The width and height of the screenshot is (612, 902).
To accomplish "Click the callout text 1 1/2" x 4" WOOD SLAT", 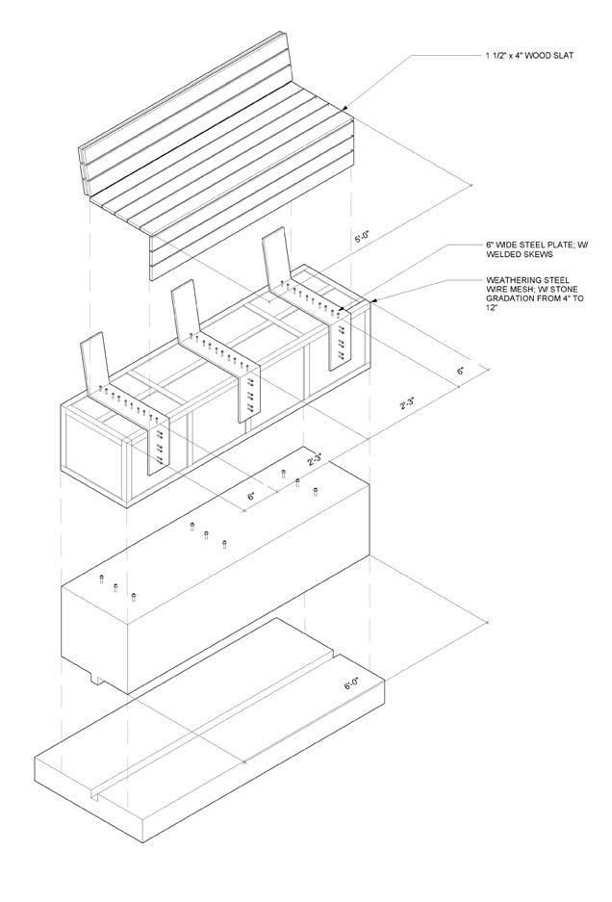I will pos(529,56).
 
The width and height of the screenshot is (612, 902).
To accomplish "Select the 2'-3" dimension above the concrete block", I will pos(314,460).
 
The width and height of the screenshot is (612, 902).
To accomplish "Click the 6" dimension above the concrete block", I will pos(252,495).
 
